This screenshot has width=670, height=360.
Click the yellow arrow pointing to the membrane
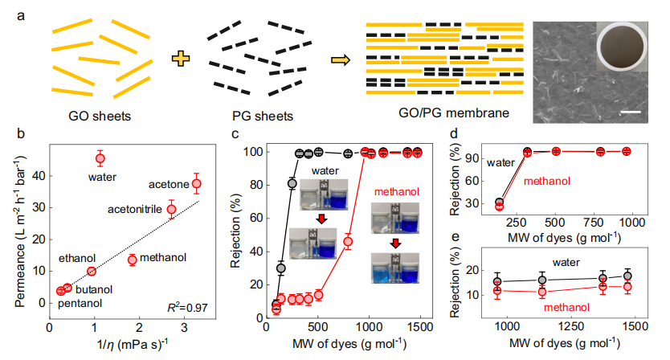coord(342,59)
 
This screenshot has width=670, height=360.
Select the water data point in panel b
coord(100,157)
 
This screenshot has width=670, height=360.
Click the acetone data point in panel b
coord(197,184)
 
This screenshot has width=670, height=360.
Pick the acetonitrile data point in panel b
coord(171,209)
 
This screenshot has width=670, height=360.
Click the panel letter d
coord(455,136)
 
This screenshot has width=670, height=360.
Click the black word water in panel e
coord(567,261)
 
